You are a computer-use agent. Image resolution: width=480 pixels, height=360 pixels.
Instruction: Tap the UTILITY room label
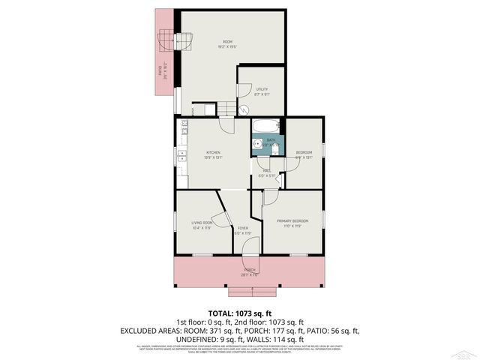(x=261, y=89)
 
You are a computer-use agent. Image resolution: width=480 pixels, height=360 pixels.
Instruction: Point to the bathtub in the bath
(x=265, y=125)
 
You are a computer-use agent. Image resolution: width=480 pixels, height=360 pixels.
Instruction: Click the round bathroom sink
(x=257, y=143)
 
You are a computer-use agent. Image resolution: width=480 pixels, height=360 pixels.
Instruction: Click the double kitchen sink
(x=182, y=159)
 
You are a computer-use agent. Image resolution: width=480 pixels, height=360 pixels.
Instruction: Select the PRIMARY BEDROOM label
(x=292, y=220)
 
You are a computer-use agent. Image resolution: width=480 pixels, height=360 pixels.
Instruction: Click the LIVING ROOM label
(x=202, y=223)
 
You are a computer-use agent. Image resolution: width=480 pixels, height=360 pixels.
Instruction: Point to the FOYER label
(x=243, y=228)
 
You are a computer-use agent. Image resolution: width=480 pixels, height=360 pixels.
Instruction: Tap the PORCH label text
(x=250, y=270)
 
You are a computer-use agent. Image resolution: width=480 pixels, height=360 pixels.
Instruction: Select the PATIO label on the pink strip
(x=160, y=71)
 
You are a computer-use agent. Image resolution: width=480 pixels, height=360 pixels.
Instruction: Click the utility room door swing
(x=244, y=88)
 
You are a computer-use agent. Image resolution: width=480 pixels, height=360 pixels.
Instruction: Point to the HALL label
(x=266, y=170)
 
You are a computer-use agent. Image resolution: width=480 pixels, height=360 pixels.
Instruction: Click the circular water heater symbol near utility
(x=244, y=109)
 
